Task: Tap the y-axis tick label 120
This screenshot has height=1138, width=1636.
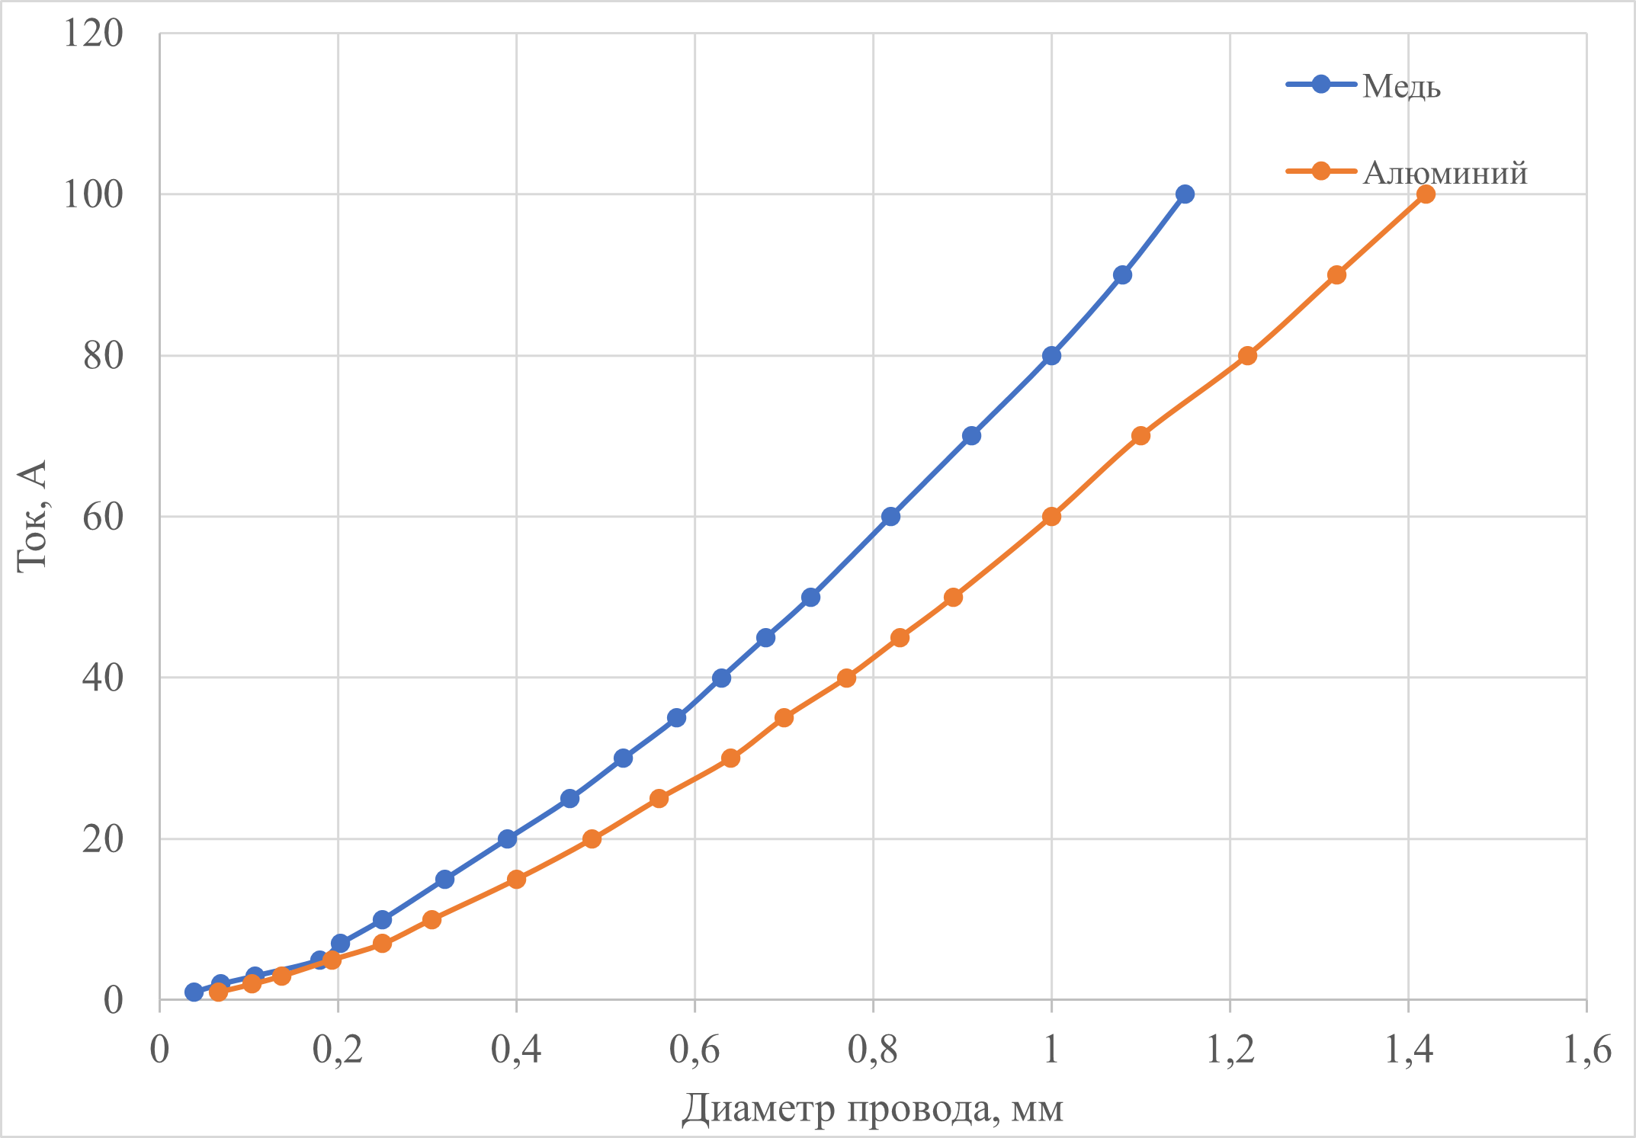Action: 93,34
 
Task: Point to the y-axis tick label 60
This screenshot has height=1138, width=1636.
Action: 102,517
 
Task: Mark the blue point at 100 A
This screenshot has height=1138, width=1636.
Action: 1185,194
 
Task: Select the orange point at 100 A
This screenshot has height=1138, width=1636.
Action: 1426,194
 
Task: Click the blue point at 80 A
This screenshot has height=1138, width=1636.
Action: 1051,355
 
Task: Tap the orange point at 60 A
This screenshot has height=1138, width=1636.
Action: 1051,517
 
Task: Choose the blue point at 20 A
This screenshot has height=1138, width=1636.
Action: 507,838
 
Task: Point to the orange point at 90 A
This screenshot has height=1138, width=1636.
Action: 1336,275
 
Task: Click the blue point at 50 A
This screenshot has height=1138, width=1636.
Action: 810,597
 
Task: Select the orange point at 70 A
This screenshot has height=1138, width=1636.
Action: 1140,436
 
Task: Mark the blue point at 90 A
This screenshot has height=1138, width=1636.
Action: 1122,275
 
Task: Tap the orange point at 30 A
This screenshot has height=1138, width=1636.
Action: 730,758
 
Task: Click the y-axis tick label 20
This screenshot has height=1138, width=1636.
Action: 102,838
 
